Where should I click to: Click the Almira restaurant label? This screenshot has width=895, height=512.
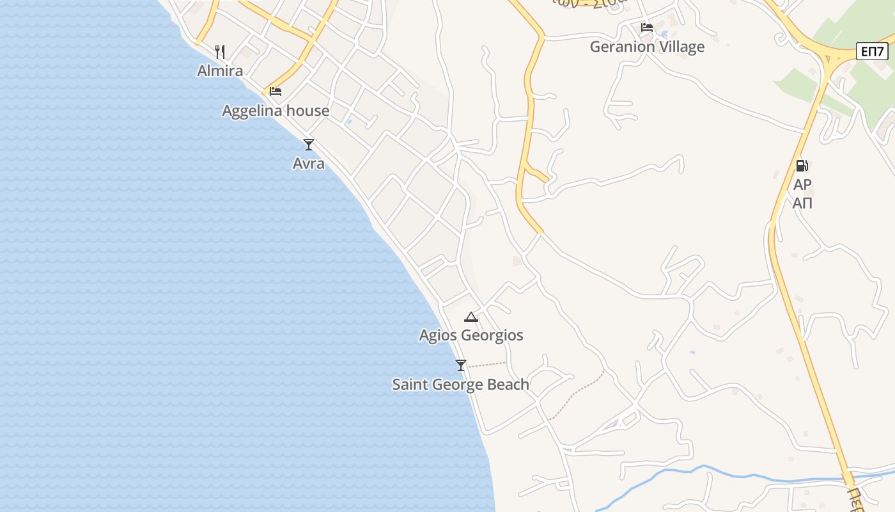220,70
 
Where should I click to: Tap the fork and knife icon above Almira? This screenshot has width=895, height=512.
220,51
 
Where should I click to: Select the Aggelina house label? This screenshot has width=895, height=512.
276,111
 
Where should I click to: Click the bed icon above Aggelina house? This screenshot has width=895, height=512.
276,92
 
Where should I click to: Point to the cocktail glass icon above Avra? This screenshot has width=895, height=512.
309,145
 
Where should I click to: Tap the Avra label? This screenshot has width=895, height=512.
309,164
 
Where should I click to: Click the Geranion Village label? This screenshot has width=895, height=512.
647,47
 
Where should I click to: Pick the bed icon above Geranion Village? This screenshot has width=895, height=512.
647,28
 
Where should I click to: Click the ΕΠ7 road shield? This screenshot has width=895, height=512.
872,51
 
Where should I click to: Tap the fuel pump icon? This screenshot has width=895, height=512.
802,166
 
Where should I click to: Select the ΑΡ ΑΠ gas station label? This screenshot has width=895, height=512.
802,194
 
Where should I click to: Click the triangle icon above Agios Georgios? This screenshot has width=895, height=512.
471,317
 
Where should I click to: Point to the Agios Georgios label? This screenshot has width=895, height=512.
471,335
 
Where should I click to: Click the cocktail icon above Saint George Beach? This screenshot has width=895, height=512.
461,365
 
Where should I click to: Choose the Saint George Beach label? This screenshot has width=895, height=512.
460,385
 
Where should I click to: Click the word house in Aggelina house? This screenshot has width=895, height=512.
307,111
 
